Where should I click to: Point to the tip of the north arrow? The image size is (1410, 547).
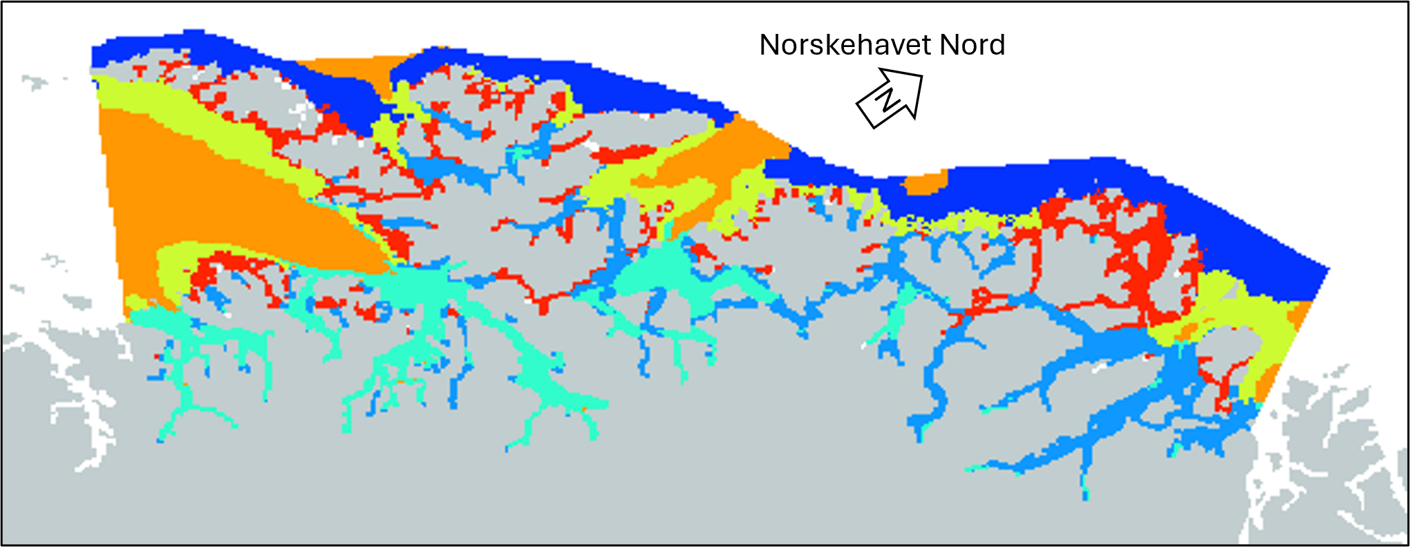pyautogui.click(x=921, y=75)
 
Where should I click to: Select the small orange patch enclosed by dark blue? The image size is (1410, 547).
pyautogui.click(x=924, y=183)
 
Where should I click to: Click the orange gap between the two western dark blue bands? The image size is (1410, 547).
pyautogui.click(x=346, y=69)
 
